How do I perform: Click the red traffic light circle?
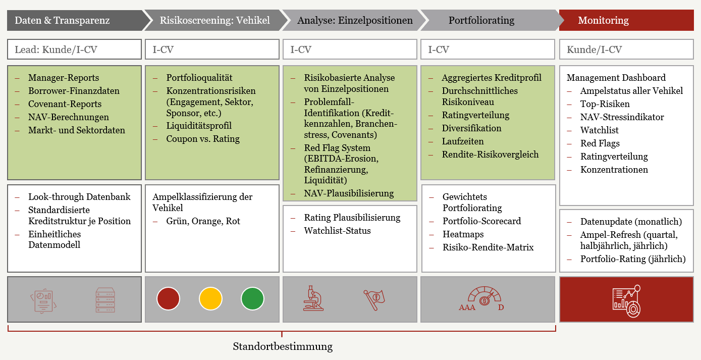coord(169,298)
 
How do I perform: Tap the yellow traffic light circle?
coord(210,298)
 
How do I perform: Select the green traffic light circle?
coord(252,298)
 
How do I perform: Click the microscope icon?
coord(313,298)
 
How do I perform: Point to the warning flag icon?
coord(374,299)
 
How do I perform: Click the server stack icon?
coord(105,300)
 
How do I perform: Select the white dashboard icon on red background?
coord(626,301)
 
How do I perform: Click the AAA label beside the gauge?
coord(467,307)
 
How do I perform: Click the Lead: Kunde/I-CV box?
coord(75,49)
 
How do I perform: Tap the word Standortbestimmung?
coord(283,346)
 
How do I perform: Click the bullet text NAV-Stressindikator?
coord(622,117)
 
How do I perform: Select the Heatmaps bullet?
coord(463,234)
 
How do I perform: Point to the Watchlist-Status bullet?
coord(337,231)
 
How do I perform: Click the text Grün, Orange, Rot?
coord(203,221)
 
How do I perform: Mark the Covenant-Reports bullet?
coord(65,104)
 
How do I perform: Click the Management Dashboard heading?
coord(616,78)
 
